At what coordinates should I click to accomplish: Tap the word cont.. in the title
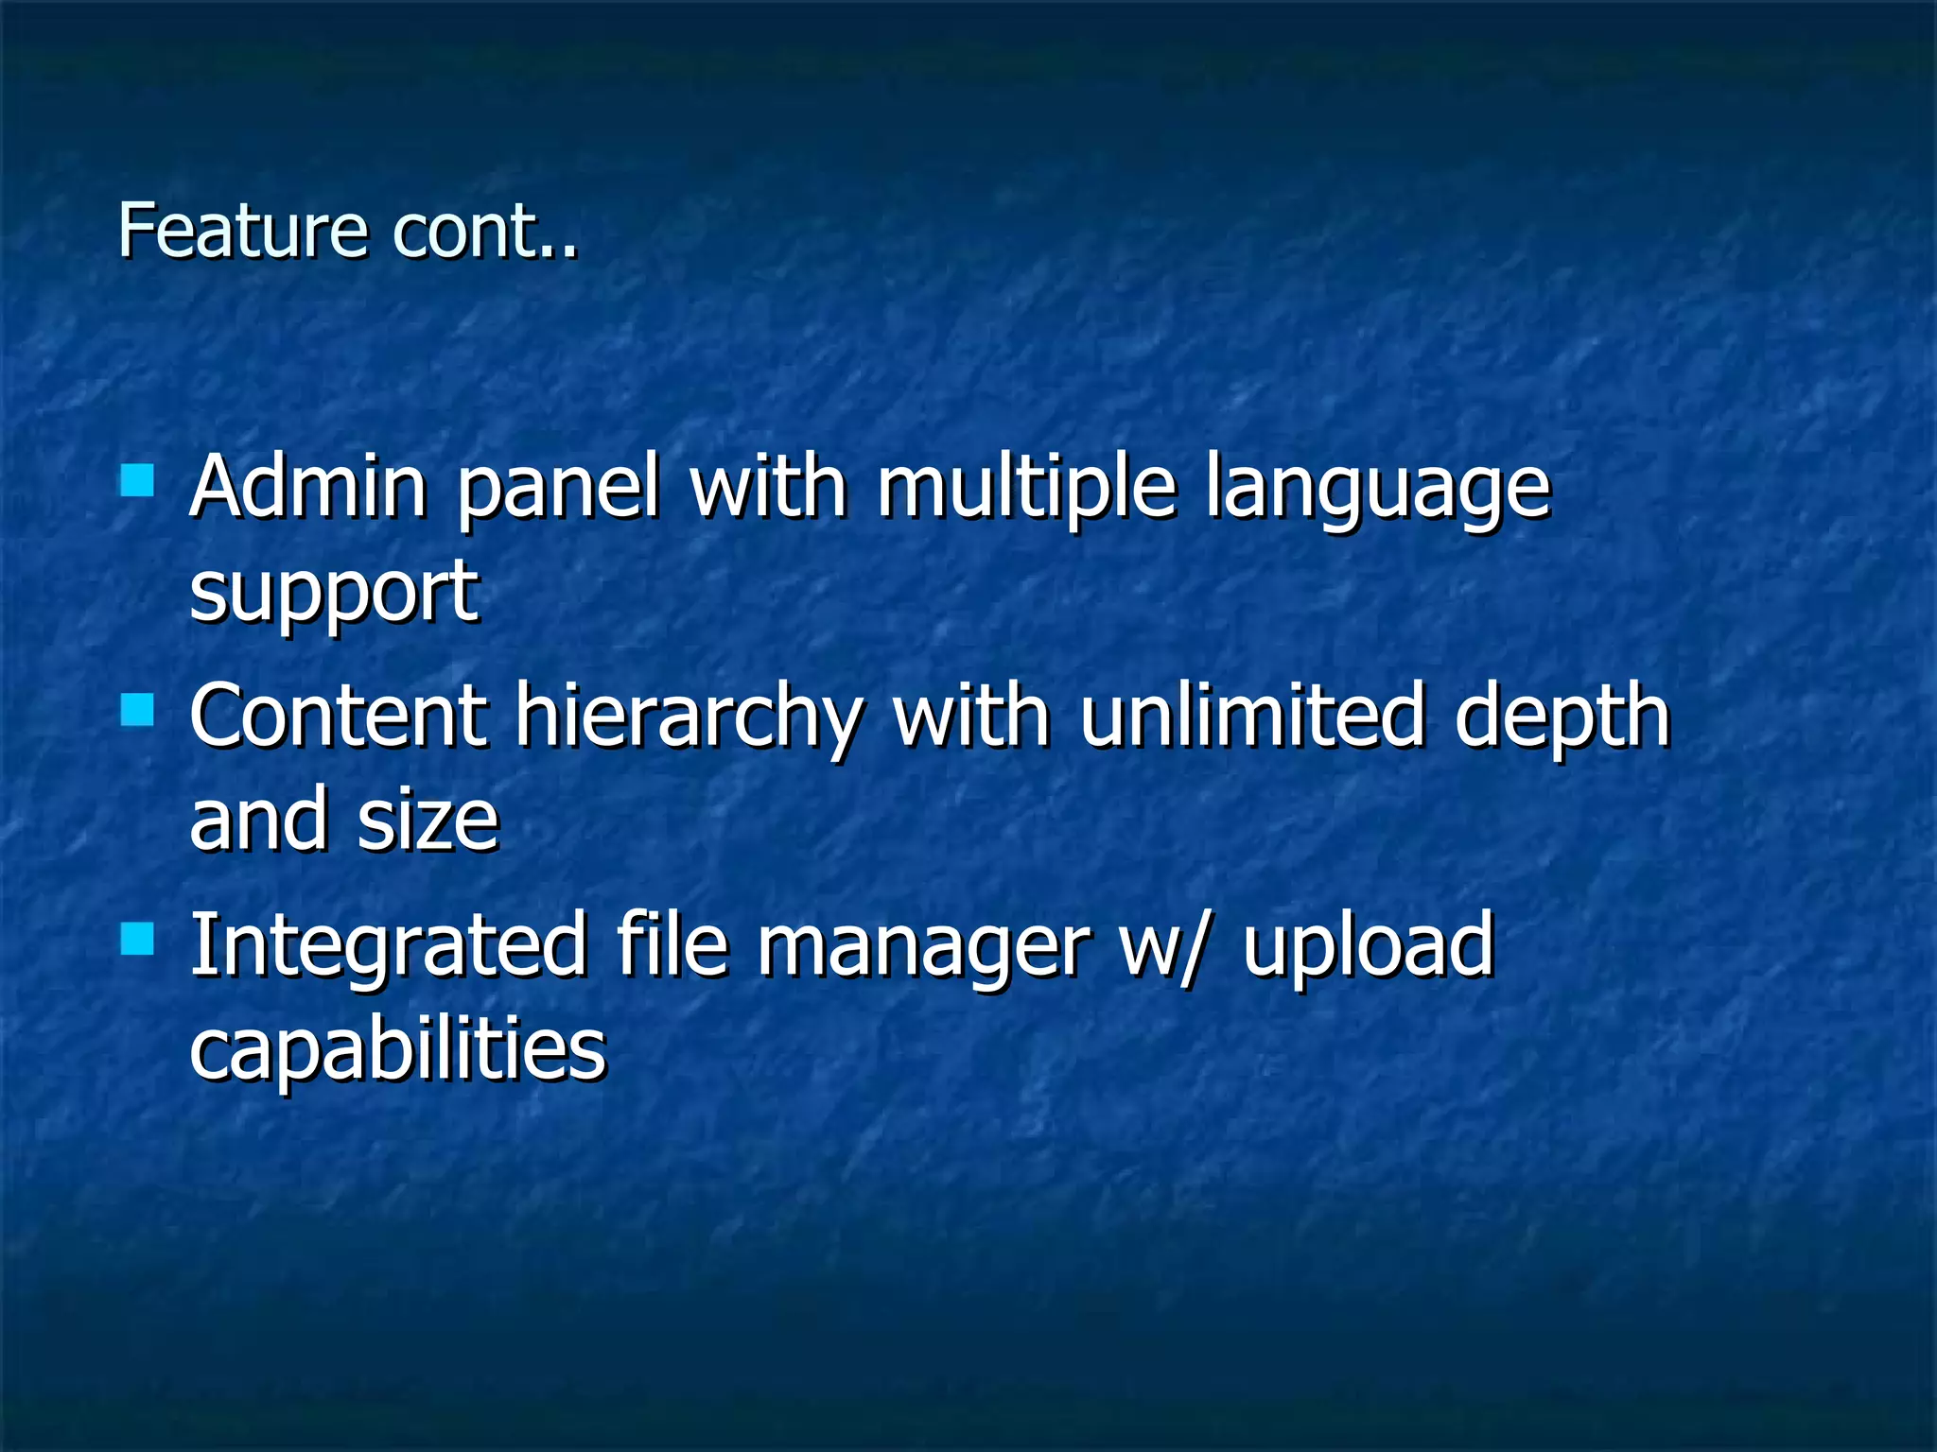click(484, 232)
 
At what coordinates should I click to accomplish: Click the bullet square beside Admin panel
click(138, 479)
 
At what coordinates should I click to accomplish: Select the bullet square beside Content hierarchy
click(138, 709)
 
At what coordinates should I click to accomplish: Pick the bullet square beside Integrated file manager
click(138, 939)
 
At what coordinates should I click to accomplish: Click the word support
click(334, 594)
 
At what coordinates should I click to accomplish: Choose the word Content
click(339, 716)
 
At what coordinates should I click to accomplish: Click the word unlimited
click(1251, 716)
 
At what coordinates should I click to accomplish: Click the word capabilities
click(397, 1050)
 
